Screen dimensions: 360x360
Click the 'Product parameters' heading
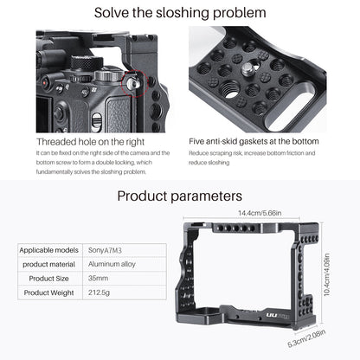pyautogui.click(x=179, y=196)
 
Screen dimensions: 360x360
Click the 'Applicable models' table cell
pyautogui.click(x=49, y=250)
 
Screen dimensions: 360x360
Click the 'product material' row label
pyautogui.click(x=49, y=264)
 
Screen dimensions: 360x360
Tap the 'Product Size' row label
pyautogui.click(x=49, y=279)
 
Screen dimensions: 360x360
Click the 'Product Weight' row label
pyautogui.click(x=49, y=293)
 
